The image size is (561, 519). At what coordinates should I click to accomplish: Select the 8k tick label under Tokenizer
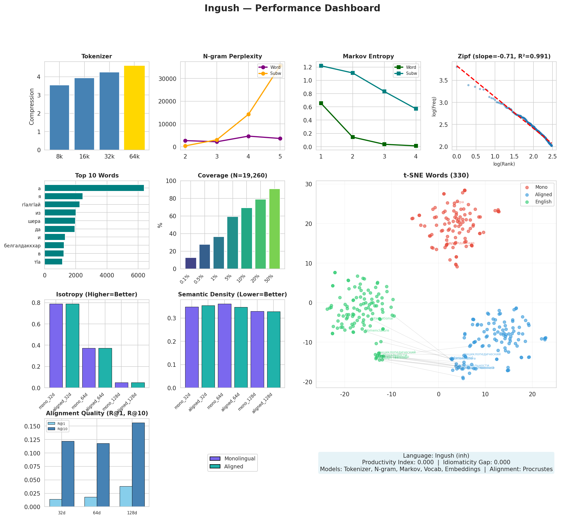[59, 157]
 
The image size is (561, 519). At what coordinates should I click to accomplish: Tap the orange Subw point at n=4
[248, 114]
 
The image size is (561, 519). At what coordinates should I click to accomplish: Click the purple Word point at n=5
[280, 138]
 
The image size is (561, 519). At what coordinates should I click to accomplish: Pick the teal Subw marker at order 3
[384, 92]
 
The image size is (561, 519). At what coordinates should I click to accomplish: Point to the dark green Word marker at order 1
[321, 103]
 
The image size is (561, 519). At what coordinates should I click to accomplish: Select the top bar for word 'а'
[94, 188]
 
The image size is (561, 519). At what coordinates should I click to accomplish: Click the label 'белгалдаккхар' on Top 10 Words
[23, 246]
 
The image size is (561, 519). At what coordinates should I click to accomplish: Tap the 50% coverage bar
[274, 229]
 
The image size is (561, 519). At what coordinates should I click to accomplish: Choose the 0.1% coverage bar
[191, 263]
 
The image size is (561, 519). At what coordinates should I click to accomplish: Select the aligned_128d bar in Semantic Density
[273, 350]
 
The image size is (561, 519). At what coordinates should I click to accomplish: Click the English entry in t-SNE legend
[543, 202]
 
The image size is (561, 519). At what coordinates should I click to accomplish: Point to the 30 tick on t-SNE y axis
[309, 184]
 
